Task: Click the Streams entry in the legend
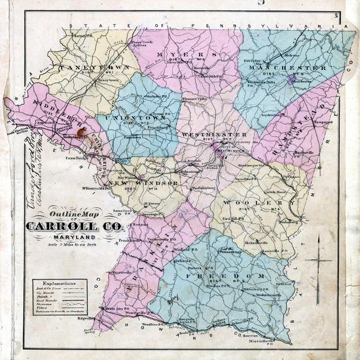click(x=46, y=310)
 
